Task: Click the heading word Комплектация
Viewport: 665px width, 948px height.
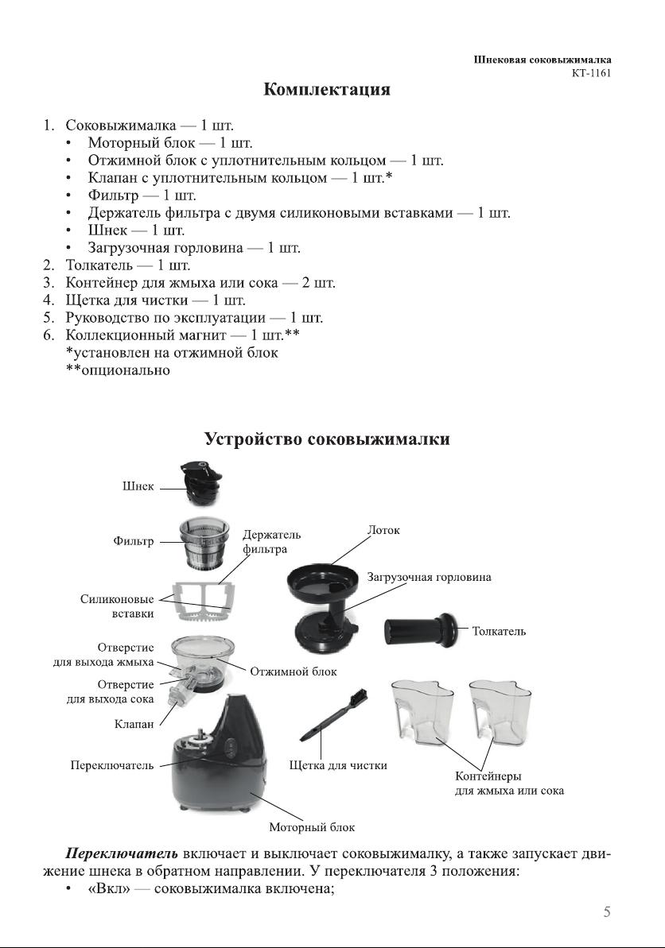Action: [x=327, y=89]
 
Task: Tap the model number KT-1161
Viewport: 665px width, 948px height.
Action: [x=591, y=73]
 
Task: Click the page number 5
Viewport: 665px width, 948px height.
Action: [x=607, y=912]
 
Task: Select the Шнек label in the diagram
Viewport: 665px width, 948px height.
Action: [x=138, y=487]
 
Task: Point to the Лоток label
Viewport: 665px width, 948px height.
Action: [x=383, y=529]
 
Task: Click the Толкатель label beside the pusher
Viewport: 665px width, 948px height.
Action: [x=499, y=632]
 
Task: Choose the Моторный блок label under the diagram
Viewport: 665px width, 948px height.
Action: [x=312, y=827]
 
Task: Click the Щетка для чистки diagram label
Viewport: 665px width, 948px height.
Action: [x=337, y=765]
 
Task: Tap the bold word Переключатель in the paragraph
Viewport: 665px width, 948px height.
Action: [x=121, y=854]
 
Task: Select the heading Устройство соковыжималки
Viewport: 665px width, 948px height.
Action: [x=327, y=439]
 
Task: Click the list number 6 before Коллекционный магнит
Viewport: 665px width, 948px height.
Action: [x=49, y=335]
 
